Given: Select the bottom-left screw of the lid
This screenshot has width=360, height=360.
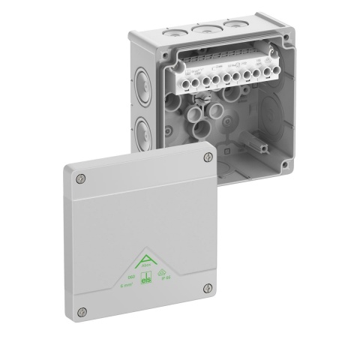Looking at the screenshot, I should pyautogui.click(x=82, y=311).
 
